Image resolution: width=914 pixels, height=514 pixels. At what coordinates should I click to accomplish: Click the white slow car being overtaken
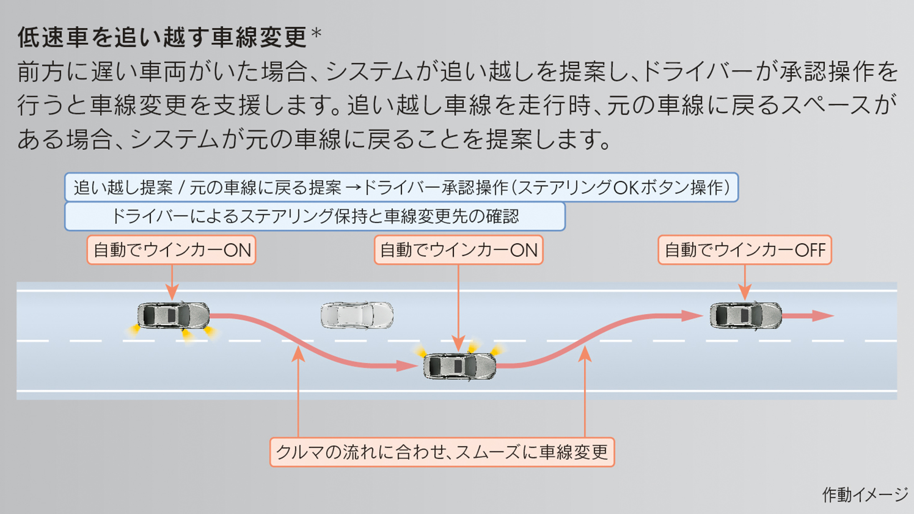click(357, 315)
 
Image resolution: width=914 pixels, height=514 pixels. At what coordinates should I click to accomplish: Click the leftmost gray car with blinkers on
click(173, 315)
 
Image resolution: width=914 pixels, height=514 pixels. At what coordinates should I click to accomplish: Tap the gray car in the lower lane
click(459, 366)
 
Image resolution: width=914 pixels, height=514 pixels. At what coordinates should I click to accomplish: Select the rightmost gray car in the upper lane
click(746, 315)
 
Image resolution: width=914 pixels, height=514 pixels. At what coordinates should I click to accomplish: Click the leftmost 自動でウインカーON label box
click(171, 250)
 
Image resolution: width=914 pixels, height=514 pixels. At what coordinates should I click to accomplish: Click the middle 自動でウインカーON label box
click(458, 250)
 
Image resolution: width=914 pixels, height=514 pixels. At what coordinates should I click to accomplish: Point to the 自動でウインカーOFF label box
click(744, 250)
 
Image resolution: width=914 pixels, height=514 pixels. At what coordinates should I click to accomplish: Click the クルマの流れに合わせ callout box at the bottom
click(442, 452)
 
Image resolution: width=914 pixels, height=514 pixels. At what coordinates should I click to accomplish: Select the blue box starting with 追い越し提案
click(401, 187)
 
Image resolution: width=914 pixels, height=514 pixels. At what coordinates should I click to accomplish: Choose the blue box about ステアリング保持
click(315, 216)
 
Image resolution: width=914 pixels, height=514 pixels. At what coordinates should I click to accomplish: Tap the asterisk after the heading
click(316, 33)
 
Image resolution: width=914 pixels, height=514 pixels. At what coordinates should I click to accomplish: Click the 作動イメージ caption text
click(864, 494)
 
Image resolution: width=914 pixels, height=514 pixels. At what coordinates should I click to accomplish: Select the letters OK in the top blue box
click(626, 187)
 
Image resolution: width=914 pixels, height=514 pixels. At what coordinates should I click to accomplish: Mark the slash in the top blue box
click(181, 188)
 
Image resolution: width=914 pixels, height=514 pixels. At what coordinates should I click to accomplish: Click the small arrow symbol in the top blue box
click(353, 188)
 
